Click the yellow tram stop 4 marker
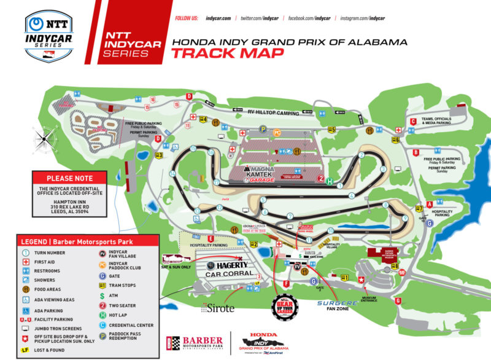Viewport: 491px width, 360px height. coord(203,120)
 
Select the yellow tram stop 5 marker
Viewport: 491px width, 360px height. coord(331,130)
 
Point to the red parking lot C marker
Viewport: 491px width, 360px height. coord(414,122)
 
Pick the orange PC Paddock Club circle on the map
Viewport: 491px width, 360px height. coord(277,132)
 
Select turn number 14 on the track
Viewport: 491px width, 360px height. coord(173,174)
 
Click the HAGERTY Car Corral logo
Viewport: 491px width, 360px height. coord(225,268)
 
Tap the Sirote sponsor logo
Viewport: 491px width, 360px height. coord(217,308)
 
